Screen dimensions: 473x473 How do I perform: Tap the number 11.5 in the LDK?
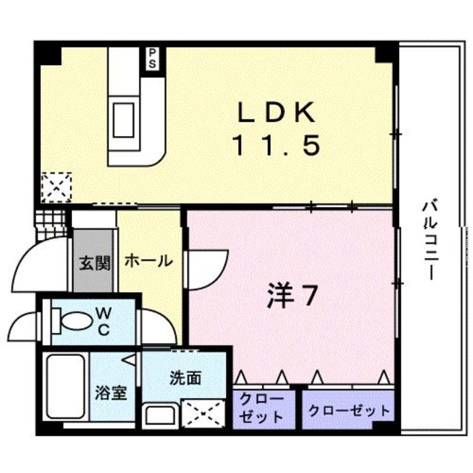coord(276,145)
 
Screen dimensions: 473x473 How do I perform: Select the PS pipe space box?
coord(153,58)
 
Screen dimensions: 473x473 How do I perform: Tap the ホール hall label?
coord(149,261)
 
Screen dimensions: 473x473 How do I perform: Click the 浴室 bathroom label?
coord(111,393)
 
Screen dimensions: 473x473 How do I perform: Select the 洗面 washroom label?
coord(184,379)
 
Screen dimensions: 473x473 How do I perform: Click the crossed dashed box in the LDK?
coord(56,187)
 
